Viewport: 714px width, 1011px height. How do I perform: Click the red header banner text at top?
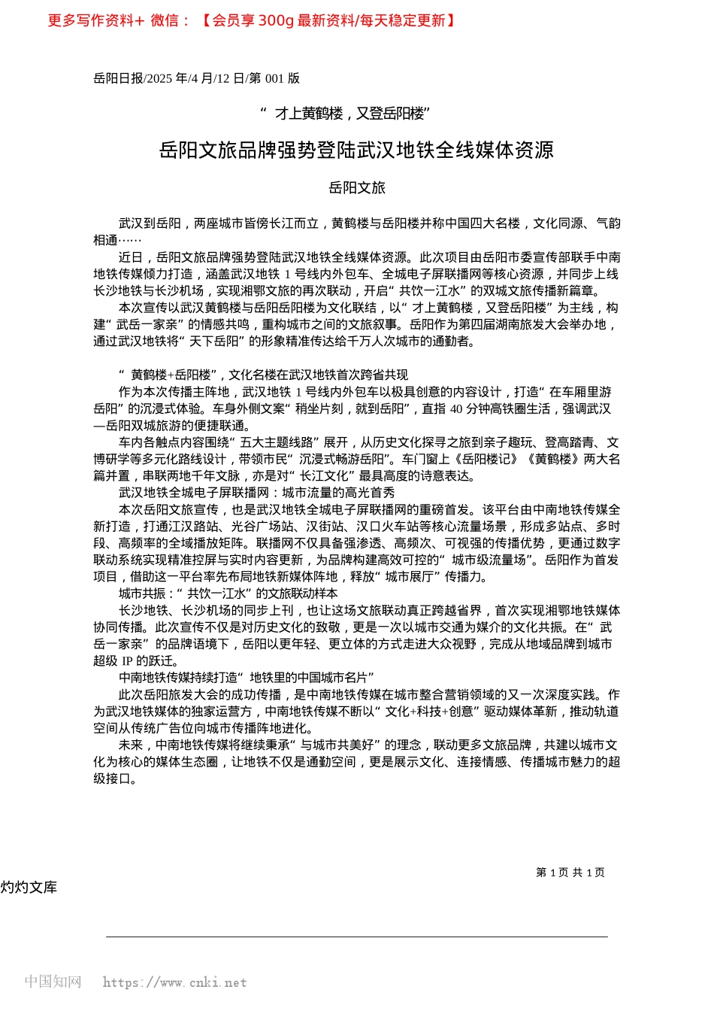(x=252, y=20)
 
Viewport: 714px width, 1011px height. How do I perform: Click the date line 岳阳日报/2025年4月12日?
(x=196, y=78)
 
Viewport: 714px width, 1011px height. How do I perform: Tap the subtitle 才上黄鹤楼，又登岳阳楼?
(x=345, y=114)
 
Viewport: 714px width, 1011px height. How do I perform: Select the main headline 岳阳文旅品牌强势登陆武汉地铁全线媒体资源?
(x=356, y=150)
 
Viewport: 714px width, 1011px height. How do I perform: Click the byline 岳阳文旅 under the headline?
(x=356, y=187)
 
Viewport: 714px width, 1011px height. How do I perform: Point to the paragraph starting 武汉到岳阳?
(x=356, y=232)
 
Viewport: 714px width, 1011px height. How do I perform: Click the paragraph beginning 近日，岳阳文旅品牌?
(x=356, y=274)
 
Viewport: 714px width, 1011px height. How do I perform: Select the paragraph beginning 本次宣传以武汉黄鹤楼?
(x=356, y=324)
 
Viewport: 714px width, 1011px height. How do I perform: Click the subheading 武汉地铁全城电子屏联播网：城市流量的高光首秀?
(x=256, y=493)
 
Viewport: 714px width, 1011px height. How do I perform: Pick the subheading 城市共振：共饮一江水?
(x=228, y=594)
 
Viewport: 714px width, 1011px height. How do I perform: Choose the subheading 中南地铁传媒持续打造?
(x=246, y=678)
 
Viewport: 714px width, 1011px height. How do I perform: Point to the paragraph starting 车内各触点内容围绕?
(x=356, y=459)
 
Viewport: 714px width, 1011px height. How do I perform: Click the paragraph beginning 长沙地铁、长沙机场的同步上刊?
(x=356, y=636)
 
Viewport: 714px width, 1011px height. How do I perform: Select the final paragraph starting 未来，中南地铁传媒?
(x=356, y=762)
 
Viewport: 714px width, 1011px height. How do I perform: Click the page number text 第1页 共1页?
(x=570, y=873)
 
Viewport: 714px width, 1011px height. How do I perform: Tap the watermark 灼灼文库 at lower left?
(x=29, y=888)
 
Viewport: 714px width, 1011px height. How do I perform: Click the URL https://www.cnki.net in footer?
(x=174, y=982)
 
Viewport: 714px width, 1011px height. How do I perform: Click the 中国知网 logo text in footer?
(x=53, y=982)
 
